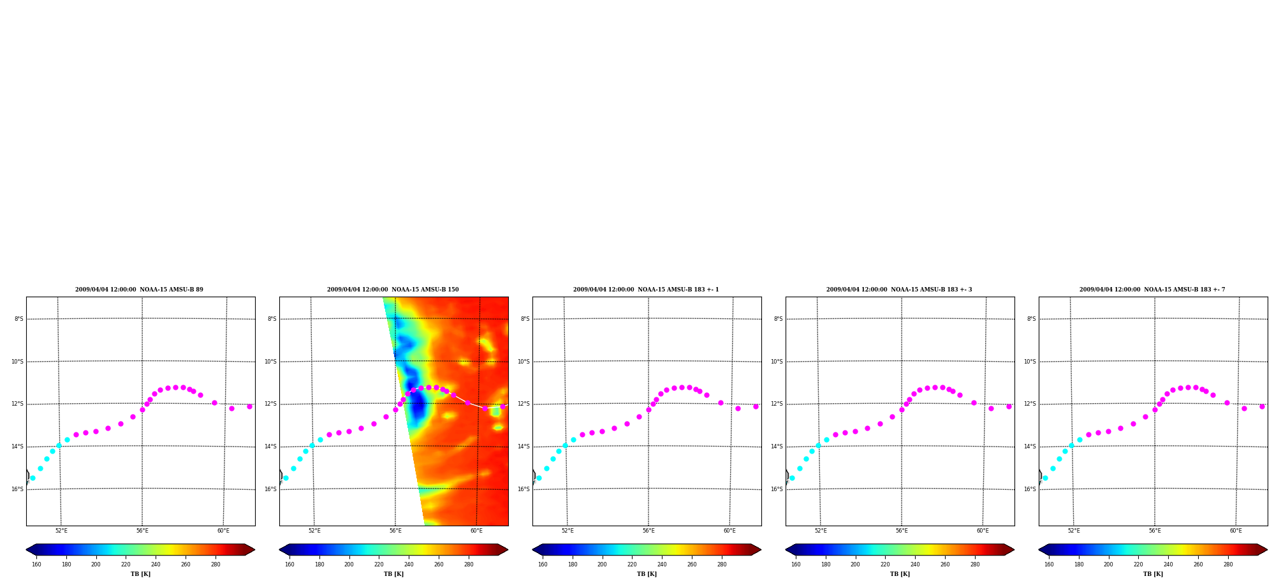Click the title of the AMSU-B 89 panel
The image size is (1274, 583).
pyautogui.click(x=139, y=290)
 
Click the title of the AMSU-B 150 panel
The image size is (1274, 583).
pyautogui.click(x=393, y=290)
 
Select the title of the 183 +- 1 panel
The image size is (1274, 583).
pyautogui.click(x=646, y=290)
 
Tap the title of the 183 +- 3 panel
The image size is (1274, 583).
pyautogui.click(x=899, y=290)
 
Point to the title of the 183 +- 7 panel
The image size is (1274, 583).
pyautogui.click(x=1152, y=290)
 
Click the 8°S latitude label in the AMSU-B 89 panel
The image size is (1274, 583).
pyautogui.click(x=19, y=319)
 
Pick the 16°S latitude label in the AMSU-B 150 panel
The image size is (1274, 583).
pyautogui.click(x=270, y=489)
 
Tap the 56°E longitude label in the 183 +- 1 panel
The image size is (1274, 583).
pyautogui.click(x=648, y=531)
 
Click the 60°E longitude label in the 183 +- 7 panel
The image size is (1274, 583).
pyautogui.click(x=1236, y=531)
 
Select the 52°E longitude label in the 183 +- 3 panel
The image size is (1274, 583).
pyautogui.click(x=821, y=531)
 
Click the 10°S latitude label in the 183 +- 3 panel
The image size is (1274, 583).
pyautogui.click(x=777, y=362)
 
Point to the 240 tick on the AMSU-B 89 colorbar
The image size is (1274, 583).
pyautogui.click(x=156, y=564)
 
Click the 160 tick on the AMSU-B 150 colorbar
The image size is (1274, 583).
pyautogui.click(x=289, y=564)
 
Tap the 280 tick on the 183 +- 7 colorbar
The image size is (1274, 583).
pyautogui.click(x=1228, y=564)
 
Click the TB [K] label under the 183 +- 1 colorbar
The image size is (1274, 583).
pyautogui.click(x=647, y=574)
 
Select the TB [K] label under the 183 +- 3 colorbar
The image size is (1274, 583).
pyautogui.click(x=900, y=574)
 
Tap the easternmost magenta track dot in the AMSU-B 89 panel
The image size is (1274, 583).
pyautogui.click(x=249, y=406)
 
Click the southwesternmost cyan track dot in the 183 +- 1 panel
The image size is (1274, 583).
pyautogui.click(x=539, y=478)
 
